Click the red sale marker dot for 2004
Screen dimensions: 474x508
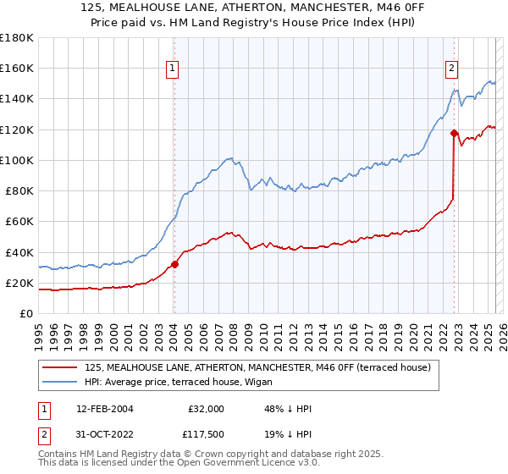click(174, 264)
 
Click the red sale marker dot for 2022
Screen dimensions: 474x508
click(454, 133)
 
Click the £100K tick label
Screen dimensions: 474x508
click(17, 160)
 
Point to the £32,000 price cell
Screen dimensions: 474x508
click(206, 409)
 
